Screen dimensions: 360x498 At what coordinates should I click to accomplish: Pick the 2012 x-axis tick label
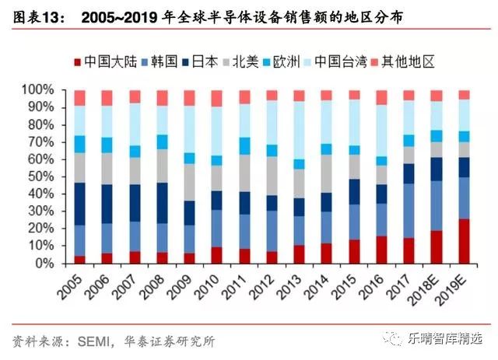(264, 292)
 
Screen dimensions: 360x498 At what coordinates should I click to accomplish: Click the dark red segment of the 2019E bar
(464, 241)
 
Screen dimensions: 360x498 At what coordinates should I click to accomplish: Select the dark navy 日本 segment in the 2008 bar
(162, 203)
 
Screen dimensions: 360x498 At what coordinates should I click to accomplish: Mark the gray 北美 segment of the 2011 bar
(244, 173)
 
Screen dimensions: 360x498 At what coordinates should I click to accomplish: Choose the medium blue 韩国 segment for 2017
(409, 211)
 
